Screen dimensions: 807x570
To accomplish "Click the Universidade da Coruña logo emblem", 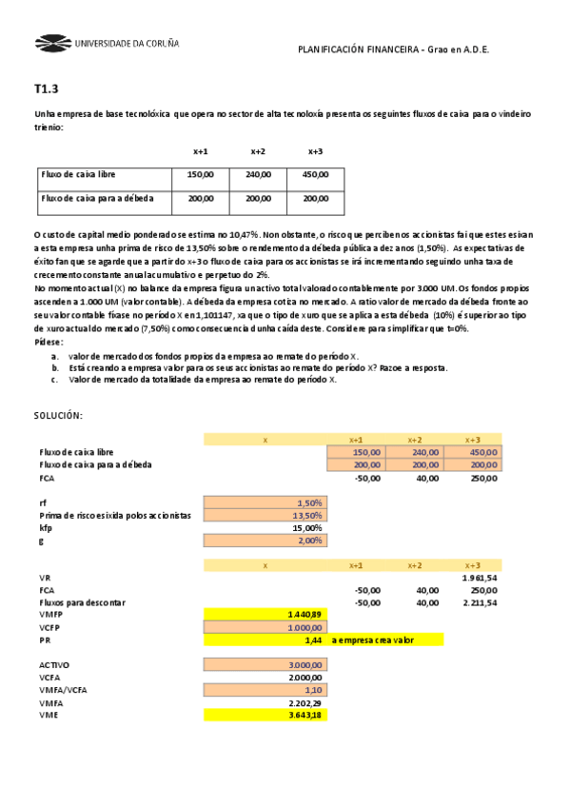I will pyautogui.click(x=51, y=43).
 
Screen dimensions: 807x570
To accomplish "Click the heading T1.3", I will pyautogui.click(x=46, y=89).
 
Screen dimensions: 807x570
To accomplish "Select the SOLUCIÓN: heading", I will pyautogui.click(x=58, y=416).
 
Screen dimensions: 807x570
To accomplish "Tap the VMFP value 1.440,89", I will pyautogui.click(x=305, y=615).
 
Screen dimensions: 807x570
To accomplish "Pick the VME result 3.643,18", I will pyautogui.click(x=305, y=716).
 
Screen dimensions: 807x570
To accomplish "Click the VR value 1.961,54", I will pyautogui.click(x=479, y=578).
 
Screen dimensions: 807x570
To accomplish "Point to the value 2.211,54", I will pyautogui.click(x=479, y=602).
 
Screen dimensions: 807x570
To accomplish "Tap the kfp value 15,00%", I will pyautogui.click(x=306, y=527).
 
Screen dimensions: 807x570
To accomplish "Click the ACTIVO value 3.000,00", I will pyautogui.click(x=305, y=665).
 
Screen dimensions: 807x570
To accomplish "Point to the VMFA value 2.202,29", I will pyautogui.click(x=305, y=702).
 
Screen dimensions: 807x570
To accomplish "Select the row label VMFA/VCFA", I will pyautogui.click(x=65, y=690).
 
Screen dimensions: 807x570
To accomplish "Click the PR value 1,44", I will pyautogui.click(x=313, y=640).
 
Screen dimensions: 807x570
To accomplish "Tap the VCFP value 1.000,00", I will pyautogui.click(x=305, y=627).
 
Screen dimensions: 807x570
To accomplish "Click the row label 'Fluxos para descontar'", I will pyautogui.click(x=82, y=602).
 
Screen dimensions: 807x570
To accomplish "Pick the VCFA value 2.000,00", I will pyautogui.click(x=305, y=678).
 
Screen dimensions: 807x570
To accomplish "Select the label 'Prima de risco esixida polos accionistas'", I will pyautogui.click(x=115, y=515).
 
